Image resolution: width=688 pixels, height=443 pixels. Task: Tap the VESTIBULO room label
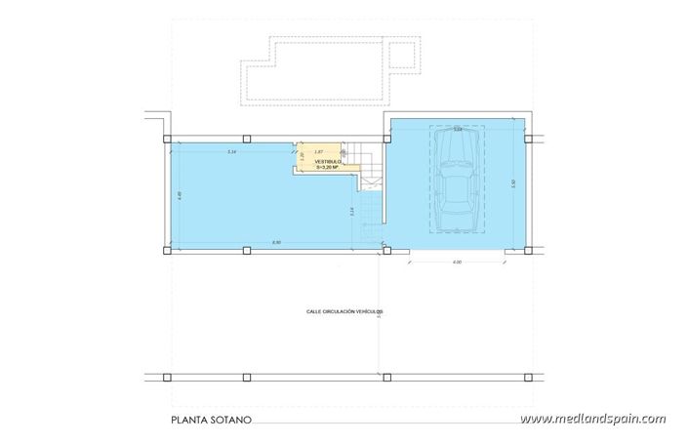326,161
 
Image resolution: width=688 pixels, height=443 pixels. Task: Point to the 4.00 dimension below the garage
457,262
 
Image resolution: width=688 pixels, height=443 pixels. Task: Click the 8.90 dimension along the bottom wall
276,242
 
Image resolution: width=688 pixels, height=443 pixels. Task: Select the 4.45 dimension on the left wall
180,195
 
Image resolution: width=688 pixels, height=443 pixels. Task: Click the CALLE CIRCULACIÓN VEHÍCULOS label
344,311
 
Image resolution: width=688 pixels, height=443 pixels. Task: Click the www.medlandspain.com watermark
593,420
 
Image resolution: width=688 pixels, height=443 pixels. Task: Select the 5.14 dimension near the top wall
231,152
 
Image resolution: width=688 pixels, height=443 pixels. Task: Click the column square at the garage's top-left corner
387,138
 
